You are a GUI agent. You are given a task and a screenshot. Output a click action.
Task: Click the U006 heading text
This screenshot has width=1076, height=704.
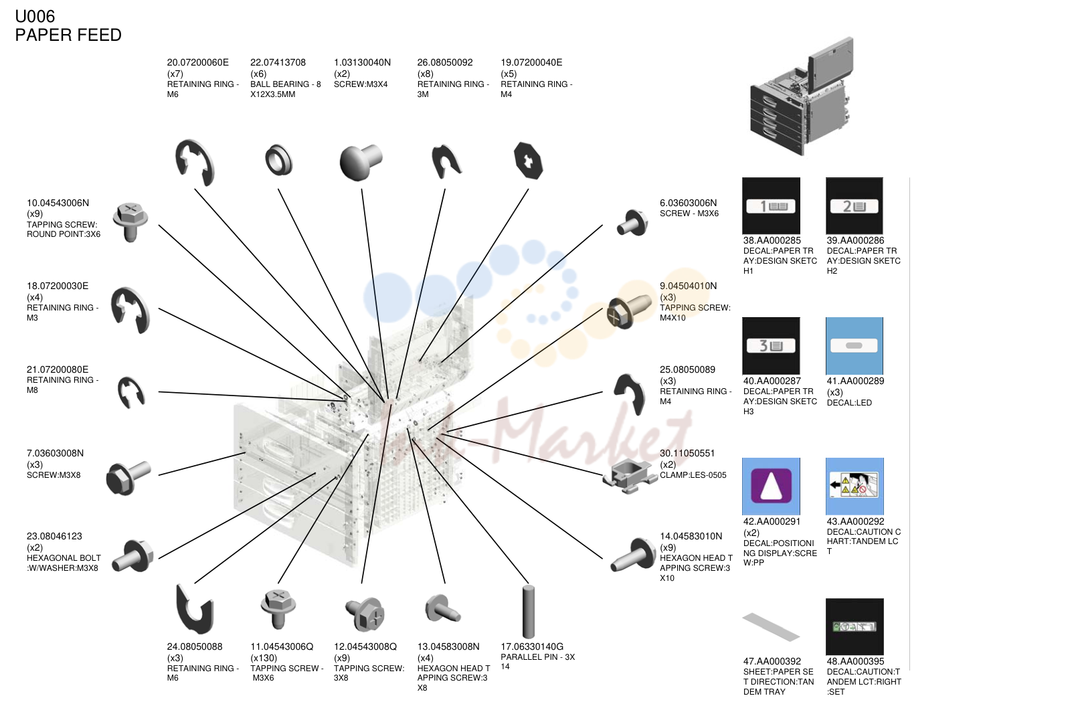(x=35, y=16)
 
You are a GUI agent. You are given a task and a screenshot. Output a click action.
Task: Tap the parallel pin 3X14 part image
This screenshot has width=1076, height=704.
(x=529, y=612)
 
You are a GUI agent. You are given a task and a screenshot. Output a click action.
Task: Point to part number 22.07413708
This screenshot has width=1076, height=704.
(x=278, y=62)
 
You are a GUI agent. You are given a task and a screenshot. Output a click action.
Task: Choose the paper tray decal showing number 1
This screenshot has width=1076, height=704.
(x=771, y=205)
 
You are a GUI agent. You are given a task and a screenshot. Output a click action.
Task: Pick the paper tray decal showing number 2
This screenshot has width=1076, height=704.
(x=854, y=205)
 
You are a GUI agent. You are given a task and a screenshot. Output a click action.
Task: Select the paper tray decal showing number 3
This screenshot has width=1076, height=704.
(x=771, y=345)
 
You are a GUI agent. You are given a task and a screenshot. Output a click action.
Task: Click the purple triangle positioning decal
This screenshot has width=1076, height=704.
(x=771, y=486)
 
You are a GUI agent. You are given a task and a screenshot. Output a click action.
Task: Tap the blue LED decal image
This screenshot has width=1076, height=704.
(x=854, y=345)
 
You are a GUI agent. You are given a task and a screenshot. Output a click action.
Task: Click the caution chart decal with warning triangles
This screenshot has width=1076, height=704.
(x=855, y=486)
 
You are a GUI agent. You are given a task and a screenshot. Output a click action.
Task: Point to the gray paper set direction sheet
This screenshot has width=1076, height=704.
(x=771, y=626)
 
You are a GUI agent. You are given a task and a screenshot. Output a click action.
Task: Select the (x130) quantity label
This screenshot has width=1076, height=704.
(x=264, y=658)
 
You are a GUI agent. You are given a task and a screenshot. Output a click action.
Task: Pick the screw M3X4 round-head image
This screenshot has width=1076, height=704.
(x=360, y=161)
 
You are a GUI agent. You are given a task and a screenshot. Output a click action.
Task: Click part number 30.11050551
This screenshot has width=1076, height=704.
(x=687, y=453)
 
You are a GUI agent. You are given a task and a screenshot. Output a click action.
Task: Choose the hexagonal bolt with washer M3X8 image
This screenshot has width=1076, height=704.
(x=133, y=556)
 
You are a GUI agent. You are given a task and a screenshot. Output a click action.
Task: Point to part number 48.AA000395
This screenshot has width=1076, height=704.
(x=855, y=662)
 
